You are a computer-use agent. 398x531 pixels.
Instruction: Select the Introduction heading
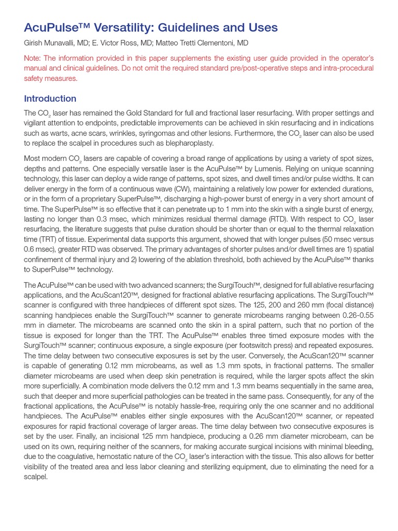click(x=50, y=99)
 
